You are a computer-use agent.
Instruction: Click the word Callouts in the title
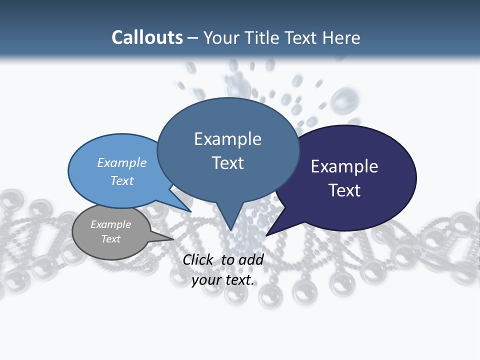click(x=147, y=37)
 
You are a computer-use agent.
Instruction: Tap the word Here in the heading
click(x=342, y=37)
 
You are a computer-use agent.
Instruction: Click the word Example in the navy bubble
click(x=344, y=166)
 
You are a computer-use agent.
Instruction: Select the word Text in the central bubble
click(x=228, y=163)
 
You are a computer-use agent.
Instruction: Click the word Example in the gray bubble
click(x=110, y=224)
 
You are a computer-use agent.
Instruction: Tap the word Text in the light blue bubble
click(x=122, y=180)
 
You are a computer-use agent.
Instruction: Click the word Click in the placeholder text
click(x=198, y=259)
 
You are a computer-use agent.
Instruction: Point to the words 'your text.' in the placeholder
click(x=223, y=280)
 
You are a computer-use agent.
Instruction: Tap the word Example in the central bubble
click(x=227, y=139)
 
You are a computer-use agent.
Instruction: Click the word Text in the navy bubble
click(x=344, y=190)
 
